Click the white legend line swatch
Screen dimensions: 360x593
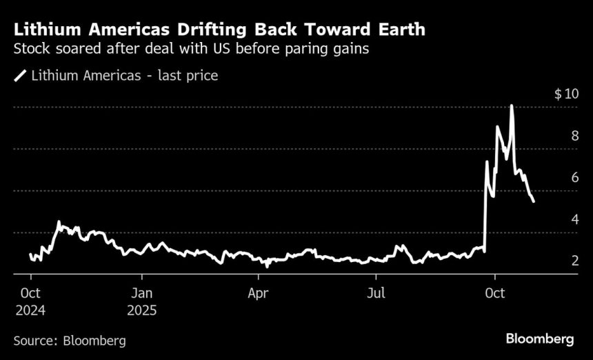20,76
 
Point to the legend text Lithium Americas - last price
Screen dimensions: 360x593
124,76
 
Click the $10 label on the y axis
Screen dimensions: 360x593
566,94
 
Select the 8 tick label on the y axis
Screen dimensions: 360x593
574,136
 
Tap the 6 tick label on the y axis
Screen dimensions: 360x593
574,178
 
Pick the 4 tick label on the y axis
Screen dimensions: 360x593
574,219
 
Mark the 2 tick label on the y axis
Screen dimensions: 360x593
574,261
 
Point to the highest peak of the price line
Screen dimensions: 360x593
512,106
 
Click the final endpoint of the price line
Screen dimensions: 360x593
534,201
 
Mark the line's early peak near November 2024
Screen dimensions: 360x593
59,222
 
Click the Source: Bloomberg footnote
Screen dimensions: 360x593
70,340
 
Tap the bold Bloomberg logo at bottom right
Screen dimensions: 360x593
540,339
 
